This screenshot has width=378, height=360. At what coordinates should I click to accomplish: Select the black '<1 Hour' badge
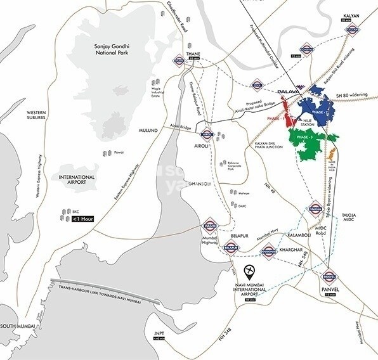point(84,220)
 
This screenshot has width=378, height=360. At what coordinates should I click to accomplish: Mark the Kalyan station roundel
point(352,30)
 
